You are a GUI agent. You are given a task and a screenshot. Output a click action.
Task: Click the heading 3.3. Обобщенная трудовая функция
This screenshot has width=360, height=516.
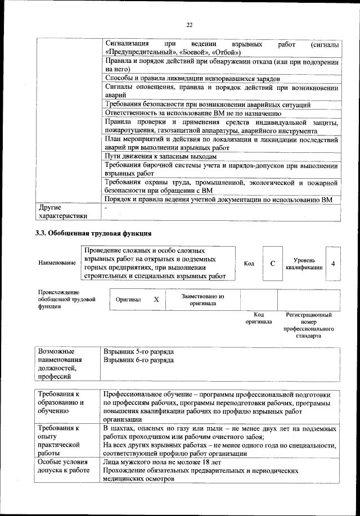coord(93,233)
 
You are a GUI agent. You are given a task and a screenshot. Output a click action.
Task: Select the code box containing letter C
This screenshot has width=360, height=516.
coord(272,263)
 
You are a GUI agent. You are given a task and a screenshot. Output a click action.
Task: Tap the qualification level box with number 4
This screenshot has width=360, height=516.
coord(333,263)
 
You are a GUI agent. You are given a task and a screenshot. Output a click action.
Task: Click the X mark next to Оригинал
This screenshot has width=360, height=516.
coord(156,300)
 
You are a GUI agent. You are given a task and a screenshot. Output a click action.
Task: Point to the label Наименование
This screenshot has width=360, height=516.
coord(57,263)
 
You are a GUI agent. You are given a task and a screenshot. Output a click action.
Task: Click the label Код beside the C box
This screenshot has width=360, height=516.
coord(249,263)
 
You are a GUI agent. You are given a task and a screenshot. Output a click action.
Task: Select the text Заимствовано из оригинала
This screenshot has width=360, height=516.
coord(202,300)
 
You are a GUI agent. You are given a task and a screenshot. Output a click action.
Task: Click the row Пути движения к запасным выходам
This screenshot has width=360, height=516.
coord(160,156)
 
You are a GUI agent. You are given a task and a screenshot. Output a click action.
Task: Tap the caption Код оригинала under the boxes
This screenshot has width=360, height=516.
coord(258,318)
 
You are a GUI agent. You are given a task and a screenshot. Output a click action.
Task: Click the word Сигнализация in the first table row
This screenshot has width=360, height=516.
coord(127,43)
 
